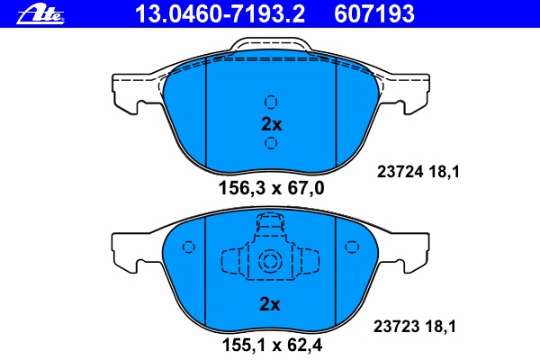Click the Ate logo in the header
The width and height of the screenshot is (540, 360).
tap(40, 14)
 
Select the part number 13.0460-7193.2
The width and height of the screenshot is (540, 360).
tap(220, 14)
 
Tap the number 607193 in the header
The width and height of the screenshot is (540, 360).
tap(374, 14)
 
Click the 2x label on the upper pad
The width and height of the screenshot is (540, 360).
tap(272, 124)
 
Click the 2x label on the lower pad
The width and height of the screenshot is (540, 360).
tap(270, 304)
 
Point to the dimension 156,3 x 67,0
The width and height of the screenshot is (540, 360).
tap(272, 188)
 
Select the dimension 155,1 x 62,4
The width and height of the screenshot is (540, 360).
tap(272, 346)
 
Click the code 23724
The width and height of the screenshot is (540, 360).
tap(400, 172)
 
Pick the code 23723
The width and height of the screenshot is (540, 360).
tap(396, 326)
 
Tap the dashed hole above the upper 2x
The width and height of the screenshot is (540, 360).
tap(271, 102)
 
